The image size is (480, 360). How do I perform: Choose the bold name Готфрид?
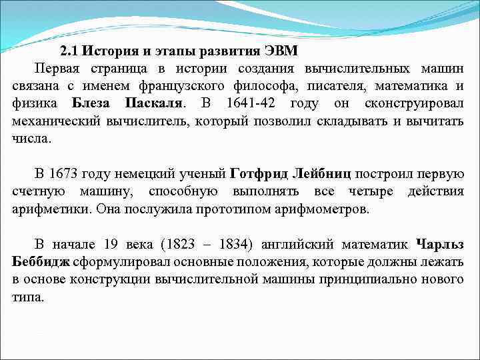tap(257, 175)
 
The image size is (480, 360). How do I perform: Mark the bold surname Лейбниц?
tap(323, 175)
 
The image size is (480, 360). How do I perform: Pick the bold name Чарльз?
tap(439, 244)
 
